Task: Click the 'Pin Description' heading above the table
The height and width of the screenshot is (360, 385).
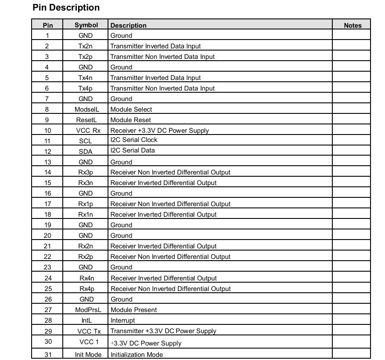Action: coord(66,7)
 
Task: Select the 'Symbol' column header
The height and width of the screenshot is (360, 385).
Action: coord(86,25)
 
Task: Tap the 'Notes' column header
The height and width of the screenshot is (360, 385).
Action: coord(353,25)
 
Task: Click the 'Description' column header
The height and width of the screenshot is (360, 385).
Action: coord(128,25)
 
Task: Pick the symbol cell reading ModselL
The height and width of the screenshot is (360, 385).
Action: coord(86,109)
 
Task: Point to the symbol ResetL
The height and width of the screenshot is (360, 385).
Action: coord(86,120)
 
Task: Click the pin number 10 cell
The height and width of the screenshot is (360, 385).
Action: coord(47,131)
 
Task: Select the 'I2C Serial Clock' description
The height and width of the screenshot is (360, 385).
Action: coord(134,140)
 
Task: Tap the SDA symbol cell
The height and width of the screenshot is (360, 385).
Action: coord(86,152)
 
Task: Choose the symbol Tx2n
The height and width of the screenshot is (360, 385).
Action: coord(86,46)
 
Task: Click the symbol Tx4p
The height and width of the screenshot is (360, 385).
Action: coord(86,88)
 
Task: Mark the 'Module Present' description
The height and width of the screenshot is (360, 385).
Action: coord(133,310)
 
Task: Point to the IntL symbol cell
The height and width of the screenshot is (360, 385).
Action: coord(86,320)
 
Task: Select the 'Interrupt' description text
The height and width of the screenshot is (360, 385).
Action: coord(123,320)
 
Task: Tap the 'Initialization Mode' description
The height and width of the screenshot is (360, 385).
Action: coord(137,355)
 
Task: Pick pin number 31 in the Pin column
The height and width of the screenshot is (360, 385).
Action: coord(48,355)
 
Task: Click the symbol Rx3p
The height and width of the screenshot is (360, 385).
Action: coord(86,172)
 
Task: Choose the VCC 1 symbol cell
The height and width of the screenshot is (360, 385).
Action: coord(86,342)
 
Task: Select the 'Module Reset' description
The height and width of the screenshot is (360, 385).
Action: coord(130,120)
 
